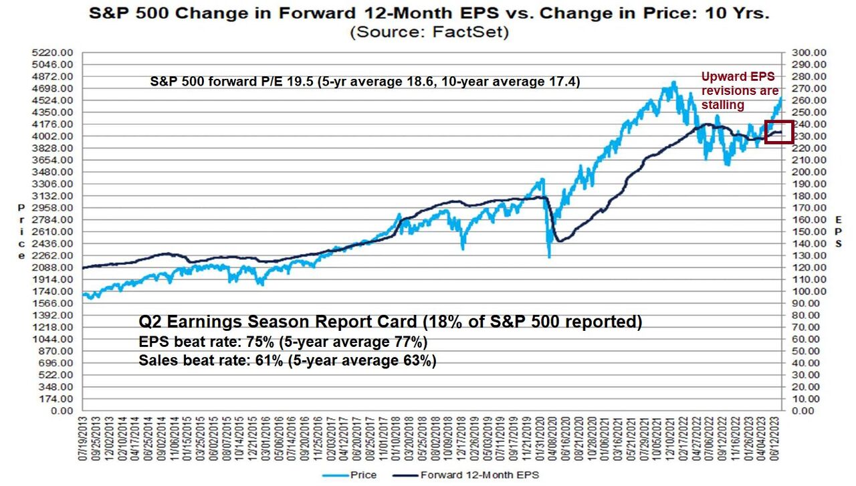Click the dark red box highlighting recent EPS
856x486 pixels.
pyautogui.click(x=778, y=132)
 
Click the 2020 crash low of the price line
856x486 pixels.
pyautogui.click(x=549, y=257)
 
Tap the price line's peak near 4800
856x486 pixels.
pyautogui.click(x=673, y=82)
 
